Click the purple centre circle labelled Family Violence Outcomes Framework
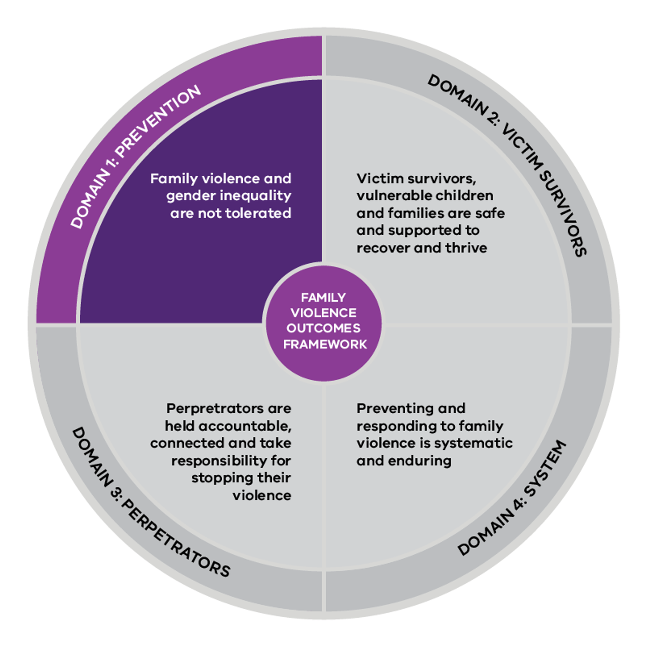[322, 322]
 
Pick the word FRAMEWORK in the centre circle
[325, 344]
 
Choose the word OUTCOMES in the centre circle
[323, 328]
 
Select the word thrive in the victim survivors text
[467, 248]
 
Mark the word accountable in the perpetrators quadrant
[245, 426]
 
